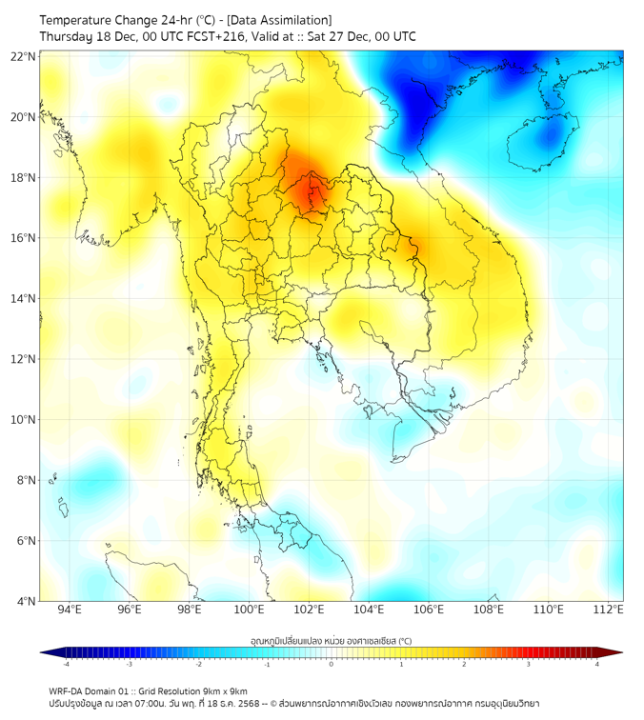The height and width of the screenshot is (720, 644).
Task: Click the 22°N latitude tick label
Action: [24, 56]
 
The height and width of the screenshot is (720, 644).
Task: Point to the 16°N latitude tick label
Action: [24, 238]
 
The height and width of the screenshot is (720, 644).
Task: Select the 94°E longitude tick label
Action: [70, 610]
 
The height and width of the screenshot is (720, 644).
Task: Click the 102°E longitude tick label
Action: [309, 610]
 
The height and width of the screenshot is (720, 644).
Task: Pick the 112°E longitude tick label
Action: [609, 610]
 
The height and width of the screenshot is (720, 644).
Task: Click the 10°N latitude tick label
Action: [24, 420]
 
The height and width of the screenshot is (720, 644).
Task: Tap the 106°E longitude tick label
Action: [429, 610]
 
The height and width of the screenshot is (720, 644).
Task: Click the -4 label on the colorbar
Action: [66, 664]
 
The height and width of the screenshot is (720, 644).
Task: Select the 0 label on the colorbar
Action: [332, 664]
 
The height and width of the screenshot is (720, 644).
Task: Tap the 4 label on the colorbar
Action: [596, 664]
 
